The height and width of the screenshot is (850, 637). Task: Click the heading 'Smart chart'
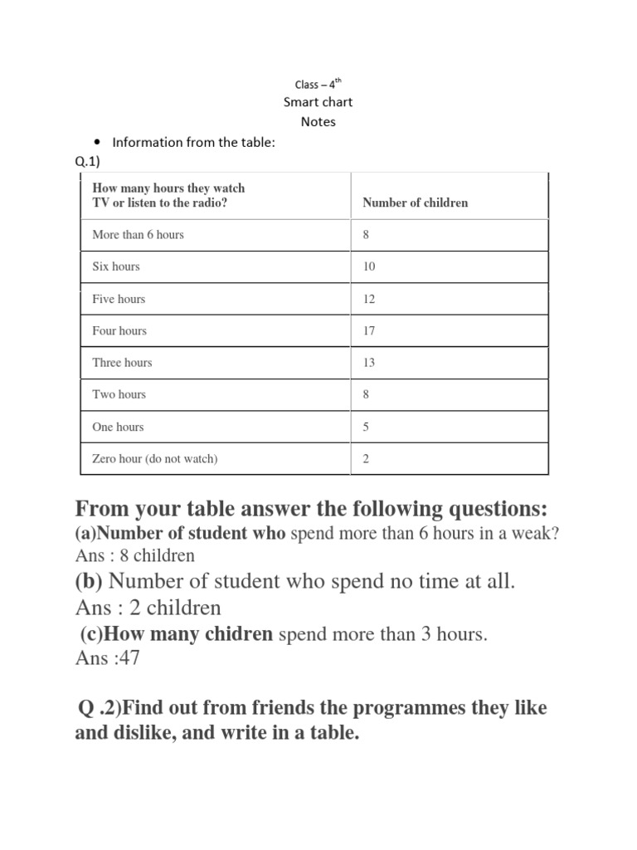click(x=318, y=102)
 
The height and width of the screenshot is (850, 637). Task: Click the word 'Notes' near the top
click(x=318, y=121)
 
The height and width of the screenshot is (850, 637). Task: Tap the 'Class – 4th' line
click(x=318, y=84)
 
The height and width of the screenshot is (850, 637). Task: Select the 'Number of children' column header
click(x=415, y=203)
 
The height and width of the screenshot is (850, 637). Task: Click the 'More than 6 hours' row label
click(x=138, y=235)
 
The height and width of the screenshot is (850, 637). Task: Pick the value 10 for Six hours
click(x=369, y=266)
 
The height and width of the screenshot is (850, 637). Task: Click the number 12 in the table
click(x=369, y=299)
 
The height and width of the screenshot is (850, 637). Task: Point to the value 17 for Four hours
click(x=369, y=330)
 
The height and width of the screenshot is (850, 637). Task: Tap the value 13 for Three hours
click(x=369, y=363)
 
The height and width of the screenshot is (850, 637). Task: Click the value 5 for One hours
click(x=366, y=427)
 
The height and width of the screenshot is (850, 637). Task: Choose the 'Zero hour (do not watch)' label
click(x=154, y=458)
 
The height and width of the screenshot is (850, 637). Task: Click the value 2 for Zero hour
click(x=366, y=458)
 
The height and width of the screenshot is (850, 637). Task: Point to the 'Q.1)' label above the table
click(x=87, y=162)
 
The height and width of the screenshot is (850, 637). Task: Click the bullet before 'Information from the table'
click(x=98, y=142)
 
